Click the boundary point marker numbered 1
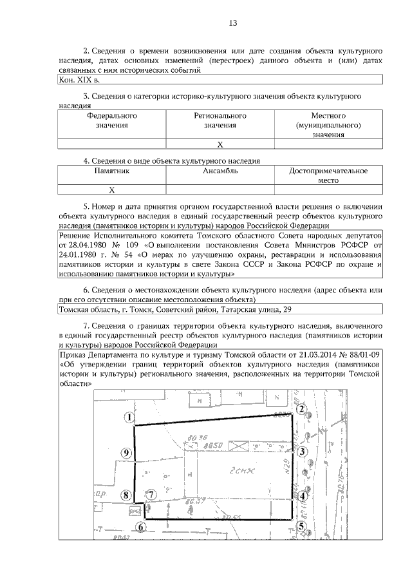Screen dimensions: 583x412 [130, 418]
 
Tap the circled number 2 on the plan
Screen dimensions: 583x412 [300, 410]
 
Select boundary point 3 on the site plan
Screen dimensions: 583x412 [301, 452]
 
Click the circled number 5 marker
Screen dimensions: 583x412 [301, 526]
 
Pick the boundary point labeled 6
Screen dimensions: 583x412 [141, 526]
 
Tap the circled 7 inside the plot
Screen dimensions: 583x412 [150, 495]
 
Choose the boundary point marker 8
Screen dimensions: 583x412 [127, 495]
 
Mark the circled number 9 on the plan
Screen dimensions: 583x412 [127, 453]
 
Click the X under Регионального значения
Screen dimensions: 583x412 [220, 144]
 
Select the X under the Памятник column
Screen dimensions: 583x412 [111, 189]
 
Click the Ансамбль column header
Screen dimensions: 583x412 [220, 171]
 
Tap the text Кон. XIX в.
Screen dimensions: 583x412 [79, 81]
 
